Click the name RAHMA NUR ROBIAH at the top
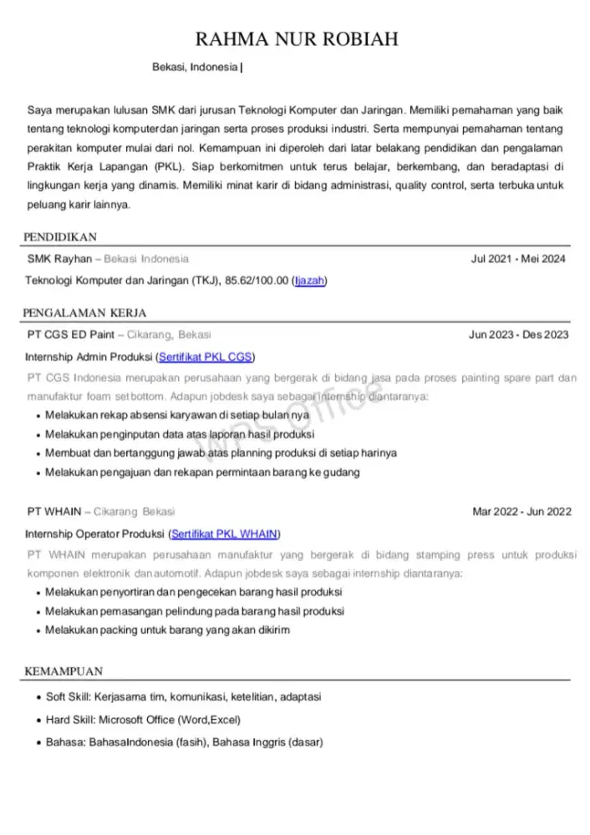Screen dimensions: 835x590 coord(295,39)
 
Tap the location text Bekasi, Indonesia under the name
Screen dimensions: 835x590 coord(195,67)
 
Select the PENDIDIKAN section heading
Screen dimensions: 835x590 coord(61,237)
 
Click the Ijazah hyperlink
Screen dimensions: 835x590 coord(309,281)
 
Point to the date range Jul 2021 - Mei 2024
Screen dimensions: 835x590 coord(518,259)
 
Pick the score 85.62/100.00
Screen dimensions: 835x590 coord(257,281)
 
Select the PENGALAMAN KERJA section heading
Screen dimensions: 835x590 coord(85,313)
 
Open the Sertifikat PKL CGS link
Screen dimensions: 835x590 coord(206,357)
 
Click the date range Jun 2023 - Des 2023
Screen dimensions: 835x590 coord(518,335)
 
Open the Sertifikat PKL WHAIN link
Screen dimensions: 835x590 coord(225,534)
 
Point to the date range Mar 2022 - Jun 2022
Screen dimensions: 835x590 coord(521,512)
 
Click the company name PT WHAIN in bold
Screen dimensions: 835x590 coord(53,512)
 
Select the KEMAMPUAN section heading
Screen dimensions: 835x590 coord(64,671)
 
